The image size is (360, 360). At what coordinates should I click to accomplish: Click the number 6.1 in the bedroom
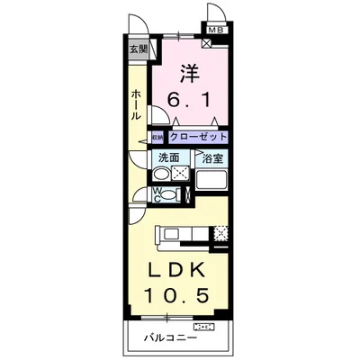click(x=190, y=100)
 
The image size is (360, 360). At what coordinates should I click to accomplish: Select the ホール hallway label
click(x=136, y=105)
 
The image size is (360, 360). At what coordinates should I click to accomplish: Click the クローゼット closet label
click(x=195, y=138)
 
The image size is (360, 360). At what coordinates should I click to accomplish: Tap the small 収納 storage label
click(x=156, y=138)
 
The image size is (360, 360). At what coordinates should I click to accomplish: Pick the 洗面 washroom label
click(x=168, y=158)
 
